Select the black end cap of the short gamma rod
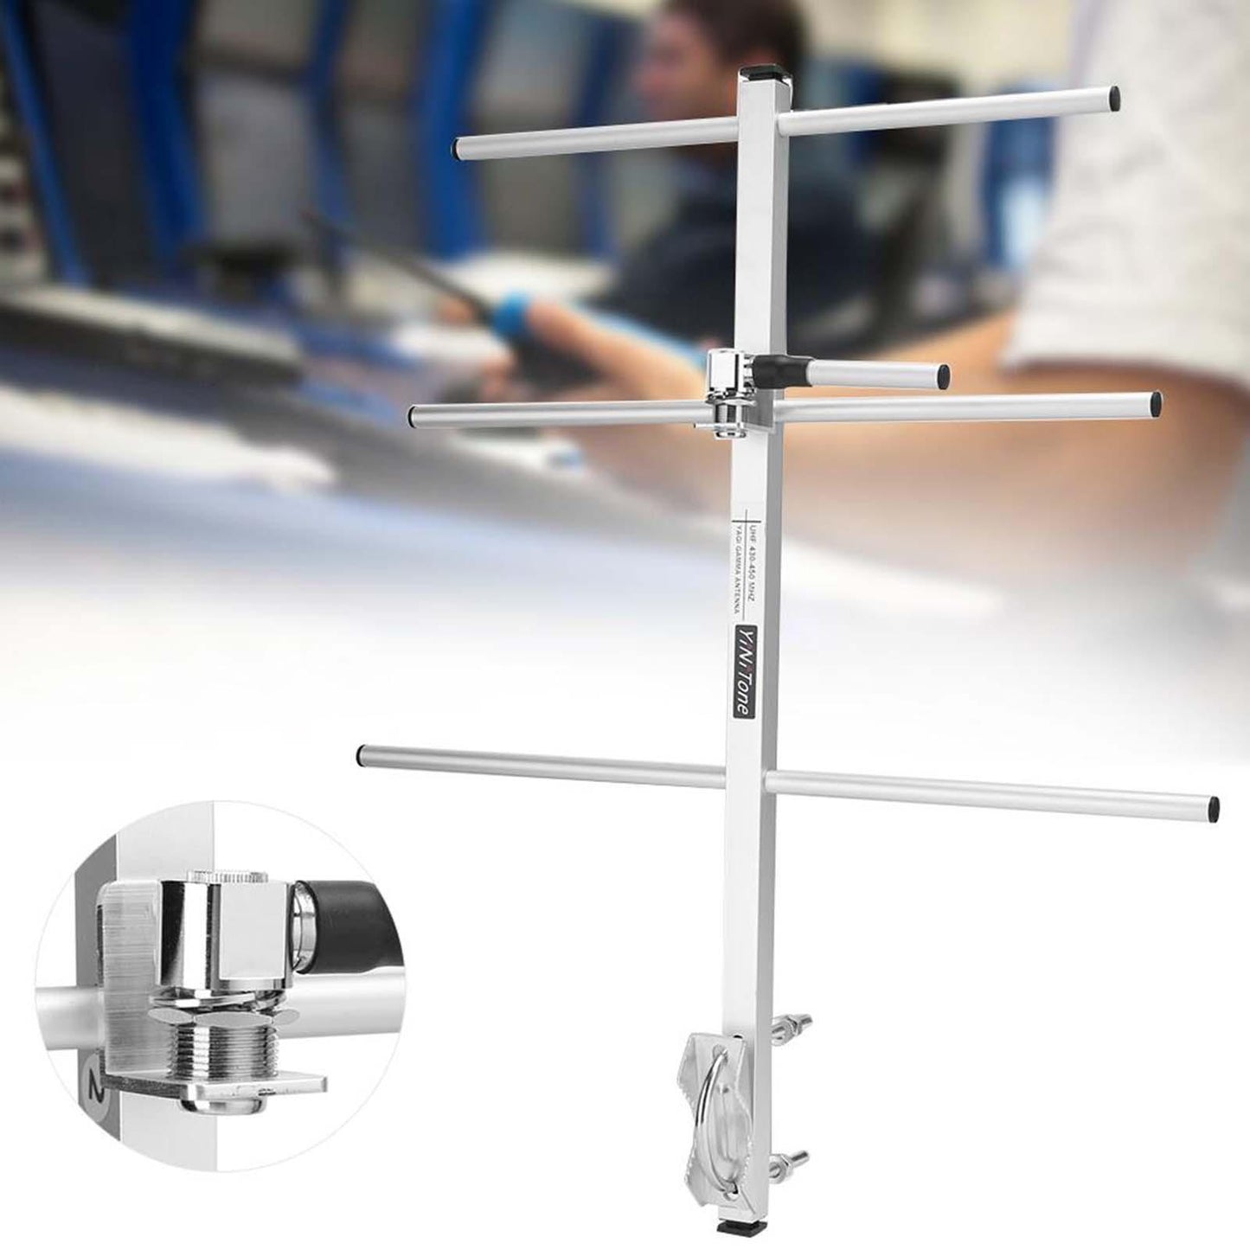(x=942, y=376)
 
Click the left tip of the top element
(x=458, y=148)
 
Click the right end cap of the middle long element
(x=1156, y=404)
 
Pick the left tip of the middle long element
(x=416, y=416)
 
